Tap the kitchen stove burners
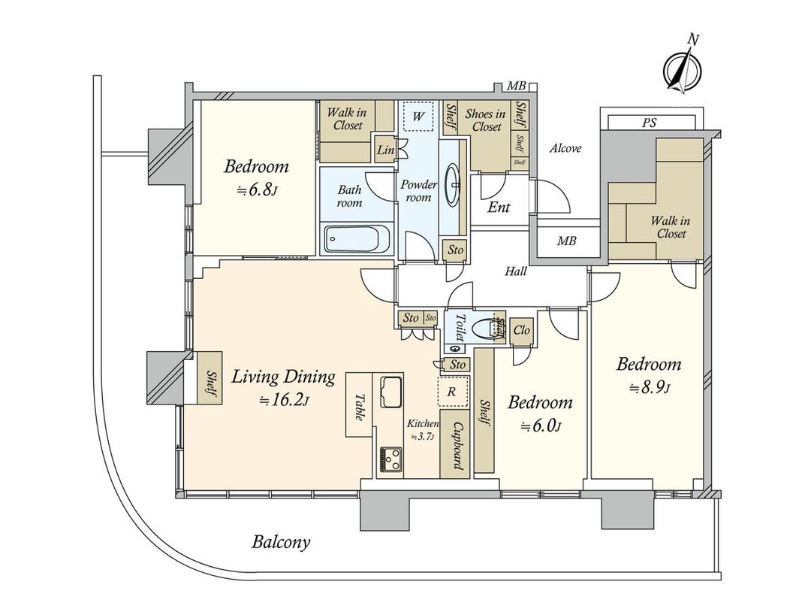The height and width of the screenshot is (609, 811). pyautogui.click(x=390, y=459)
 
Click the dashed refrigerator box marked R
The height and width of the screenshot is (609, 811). pyautogui.click(x=454, y=391)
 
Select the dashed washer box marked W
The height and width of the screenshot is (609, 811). pyautogui.click(x=418, y=117)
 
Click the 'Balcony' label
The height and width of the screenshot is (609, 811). pyautogui.click(x=281, y=542)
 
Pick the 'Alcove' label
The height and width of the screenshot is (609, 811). pyautogui.click(x=565, y=149)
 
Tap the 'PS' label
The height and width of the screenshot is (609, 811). pyautogui.click(x=650, y=123)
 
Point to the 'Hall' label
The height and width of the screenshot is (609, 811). pyautogui.click(x=515, y=271)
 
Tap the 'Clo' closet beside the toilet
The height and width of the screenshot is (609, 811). pyautogui.click(x=522, y=329)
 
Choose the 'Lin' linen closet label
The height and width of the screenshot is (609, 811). pyautogui.click(x=385, y=151)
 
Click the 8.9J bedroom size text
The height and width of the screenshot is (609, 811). pyautogui.click(x=649, y=389)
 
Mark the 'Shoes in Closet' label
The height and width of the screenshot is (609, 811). pyautogui.click(x=485, y=120)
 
